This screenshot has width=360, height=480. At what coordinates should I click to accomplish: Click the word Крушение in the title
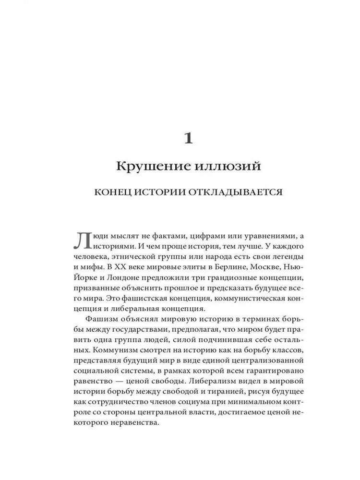[145, 167]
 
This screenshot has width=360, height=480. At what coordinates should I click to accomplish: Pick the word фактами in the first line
[162, 236]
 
